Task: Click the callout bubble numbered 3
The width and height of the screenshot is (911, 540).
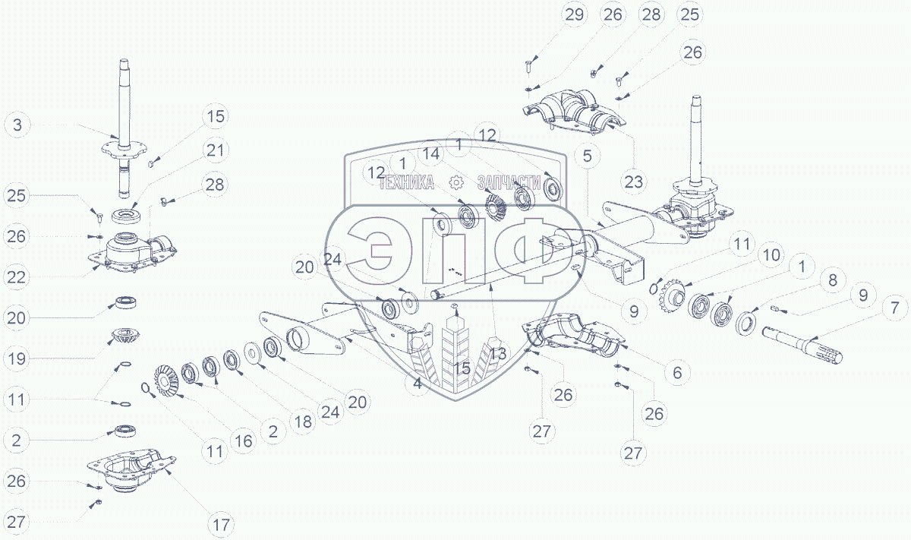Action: (x=18, y=125)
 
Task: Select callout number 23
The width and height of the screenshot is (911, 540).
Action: (x=634, y=181)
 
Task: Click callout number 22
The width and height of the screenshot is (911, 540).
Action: (x=18, y=277)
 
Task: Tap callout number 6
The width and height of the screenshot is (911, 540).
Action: (x=676, y=372)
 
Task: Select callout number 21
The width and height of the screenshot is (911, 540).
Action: (x=216, y=150)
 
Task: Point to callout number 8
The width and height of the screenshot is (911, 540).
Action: (x=832, y=279)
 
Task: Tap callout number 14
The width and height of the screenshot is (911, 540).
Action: (x=431, y=153)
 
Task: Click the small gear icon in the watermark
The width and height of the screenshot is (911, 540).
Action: (x=455, y=182)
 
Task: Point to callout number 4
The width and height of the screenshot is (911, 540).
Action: (x=417, y=384)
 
